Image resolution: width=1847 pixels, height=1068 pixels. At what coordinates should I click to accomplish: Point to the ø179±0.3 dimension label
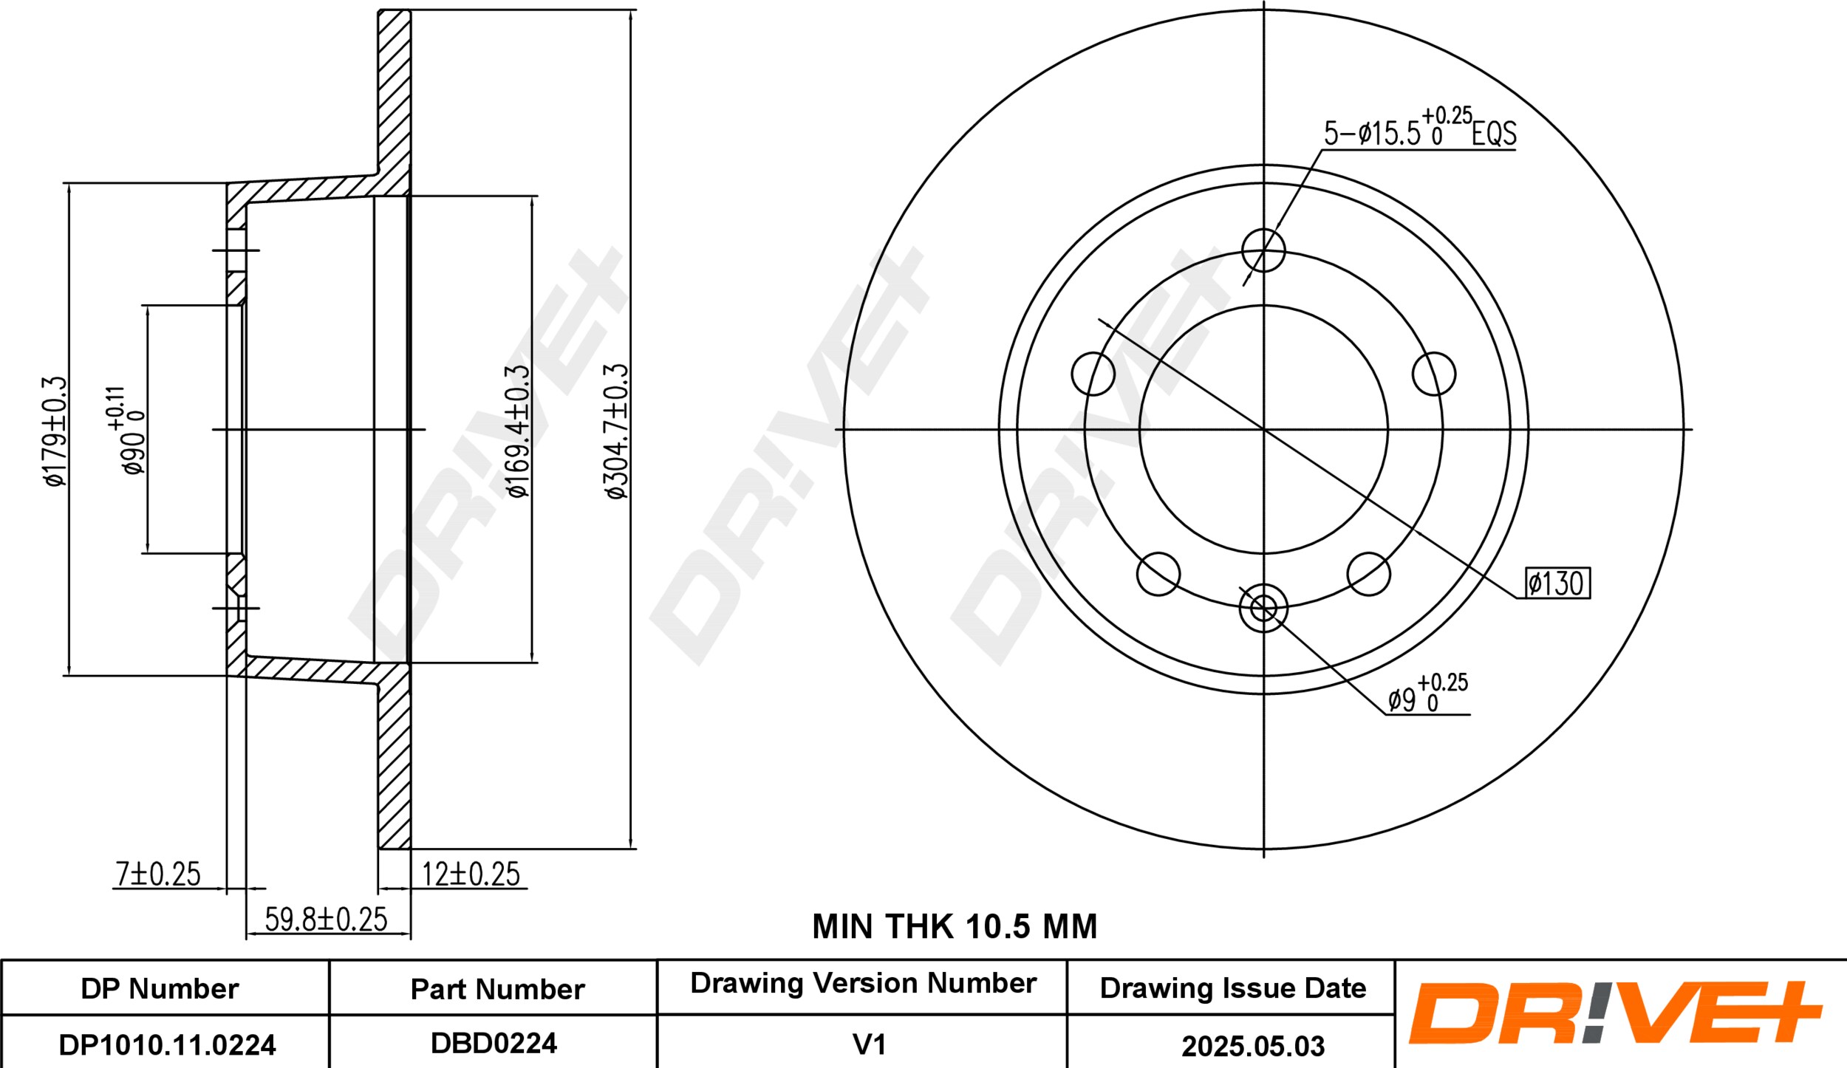55,431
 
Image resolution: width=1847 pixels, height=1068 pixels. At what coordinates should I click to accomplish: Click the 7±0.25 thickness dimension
158,874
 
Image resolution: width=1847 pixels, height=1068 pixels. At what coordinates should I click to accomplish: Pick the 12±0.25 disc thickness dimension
471,874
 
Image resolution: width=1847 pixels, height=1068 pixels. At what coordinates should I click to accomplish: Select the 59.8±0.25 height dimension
326,920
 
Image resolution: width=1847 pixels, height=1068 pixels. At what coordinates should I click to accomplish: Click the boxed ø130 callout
1557,583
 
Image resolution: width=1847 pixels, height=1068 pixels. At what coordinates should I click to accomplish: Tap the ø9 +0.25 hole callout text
1427,694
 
